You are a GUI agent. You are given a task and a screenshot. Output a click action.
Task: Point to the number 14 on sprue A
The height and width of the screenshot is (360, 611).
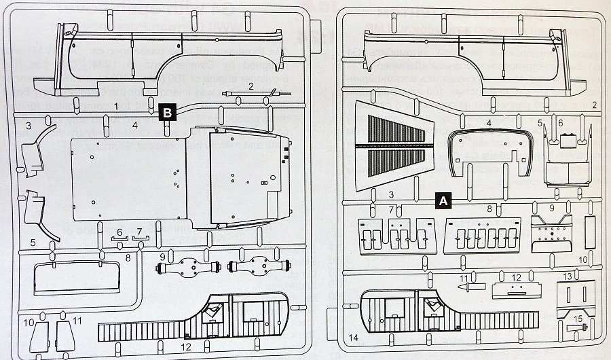354,337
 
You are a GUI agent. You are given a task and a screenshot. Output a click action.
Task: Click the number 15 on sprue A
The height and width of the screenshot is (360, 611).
578,319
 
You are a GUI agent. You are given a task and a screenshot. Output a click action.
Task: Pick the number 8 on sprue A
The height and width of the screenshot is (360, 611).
489,209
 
